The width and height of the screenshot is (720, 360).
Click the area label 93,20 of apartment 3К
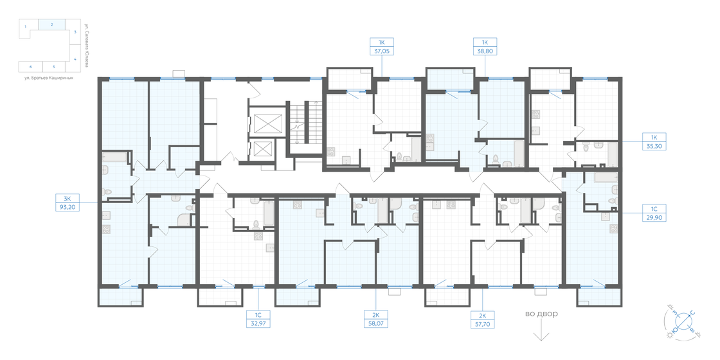pyautogui.click(x=67, y=207)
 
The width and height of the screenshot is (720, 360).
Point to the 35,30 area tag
pyautogui.click(x=654, y=146)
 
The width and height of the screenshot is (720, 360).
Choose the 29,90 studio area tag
pyautogui.click(x=654, y=217)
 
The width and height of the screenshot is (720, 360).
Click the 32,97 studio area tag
pyautogui.click(x=258, y=323)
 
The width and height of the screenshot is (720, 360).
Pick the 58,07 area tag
pyautogui.click(x=375, y=323)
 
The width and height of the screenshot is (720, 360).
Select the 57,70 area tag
pyautogui.click(x=482, y=323)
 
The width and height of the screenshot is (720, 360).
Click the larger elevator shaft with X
pyautogui.click(x=267, y=123)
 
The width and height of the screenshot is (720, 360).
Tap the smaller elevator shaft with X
pyautogui.click(x=264, y=150)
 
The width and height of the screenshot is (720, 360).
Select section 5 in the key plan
pyautogui.click(x=54, y=66)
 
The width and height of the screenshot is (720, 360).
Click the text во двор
pyautogui.click(x=541, y=314)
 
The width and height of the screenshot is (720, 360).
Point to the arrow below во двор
pyautogui.click(x=541, y=332)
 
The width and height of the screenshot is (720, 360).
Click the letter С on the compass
pyautogui.click(x=692, y=313)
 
